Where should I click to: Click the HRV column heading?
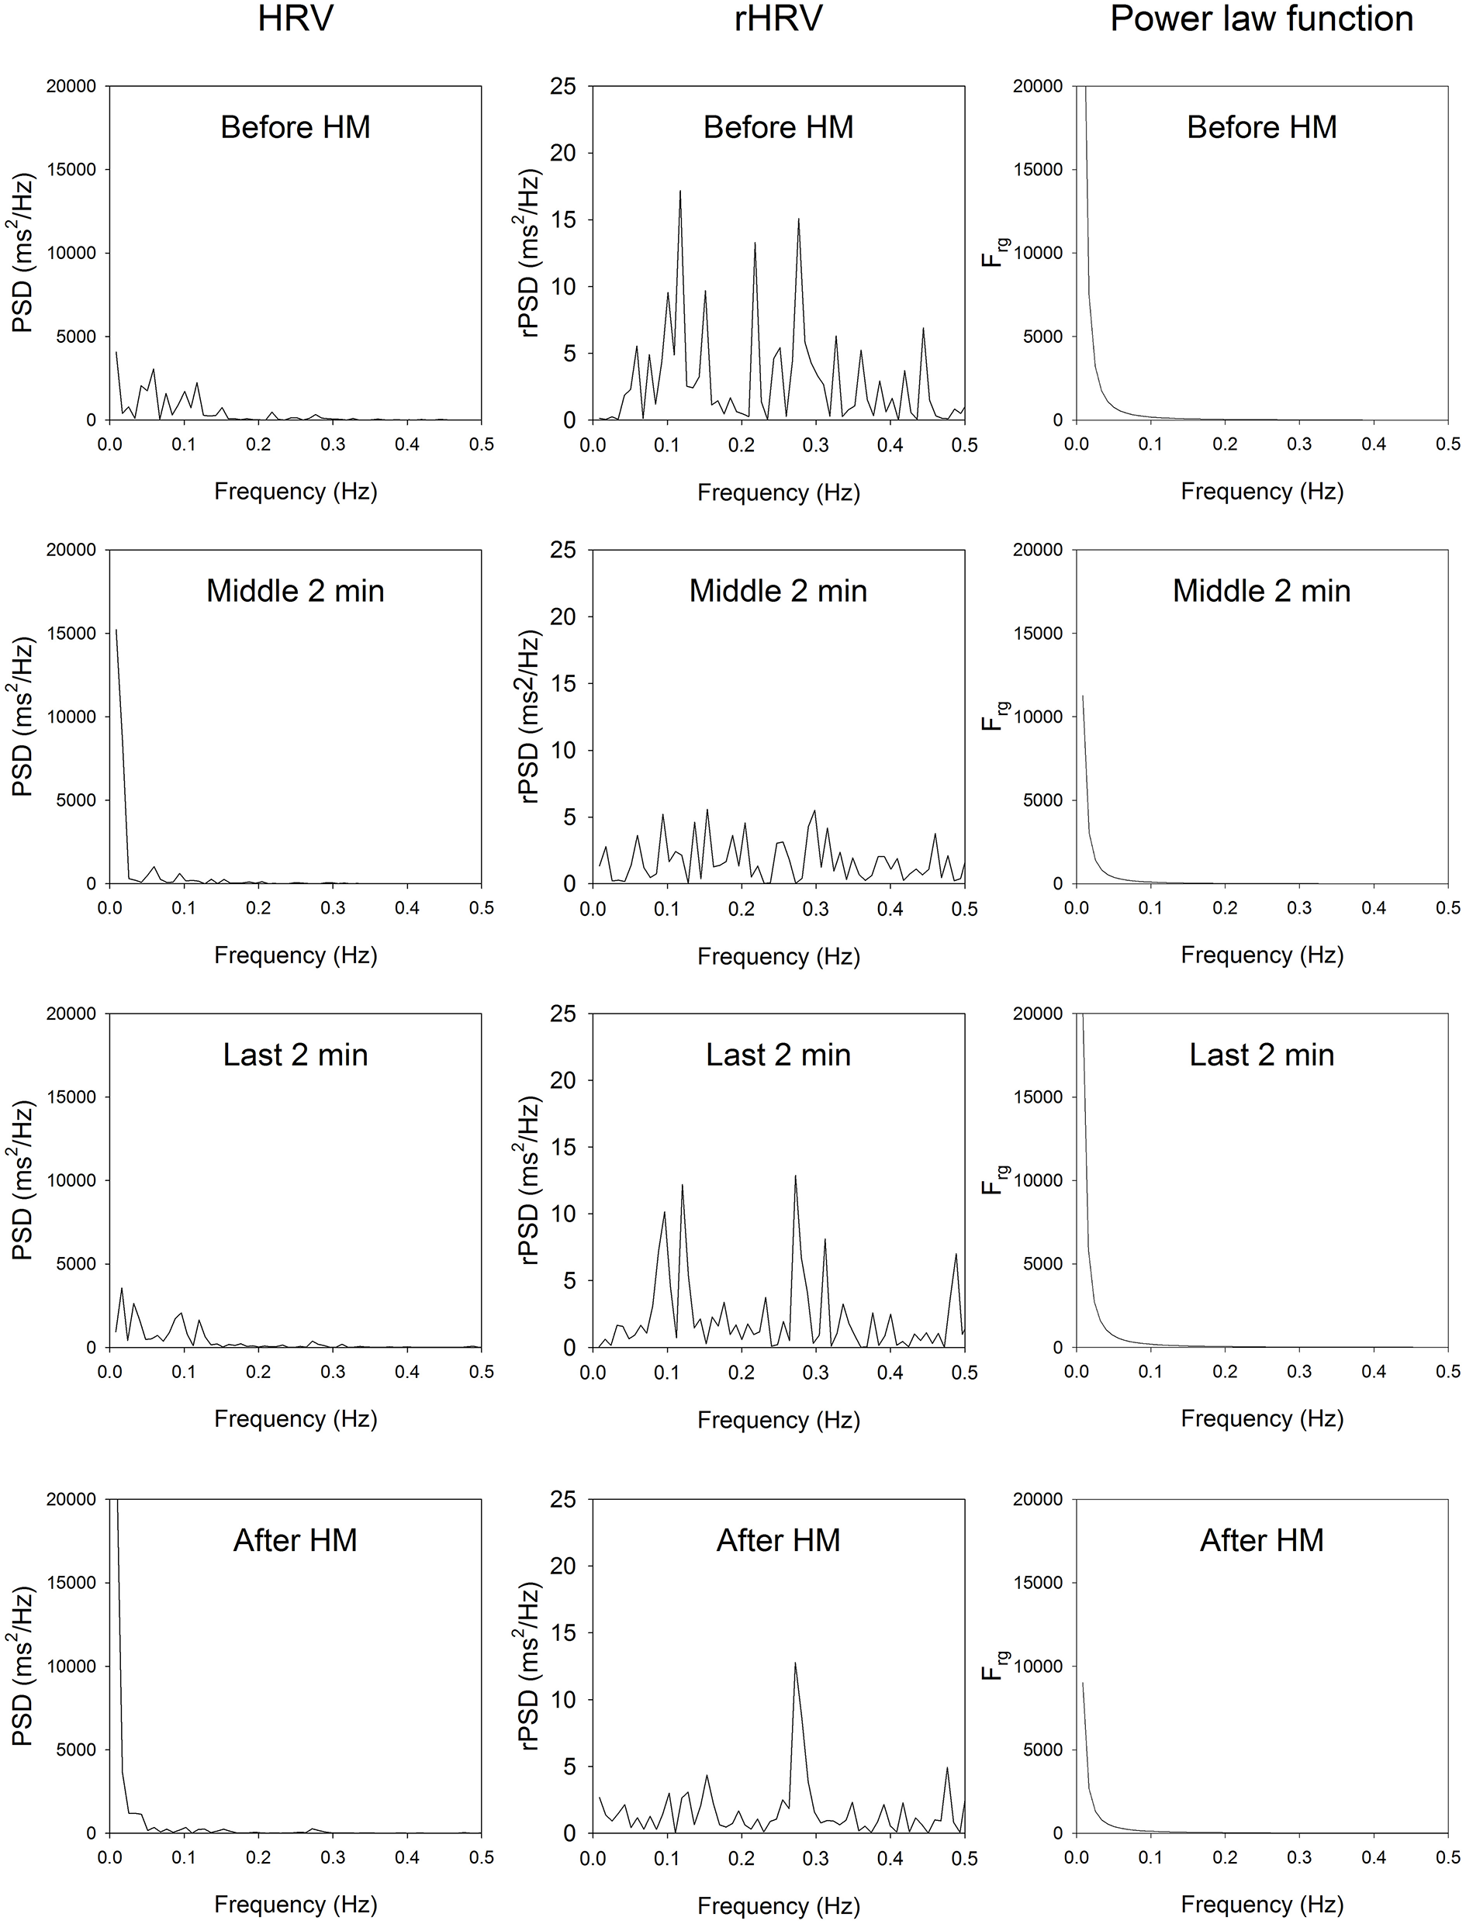(x=295, y=19)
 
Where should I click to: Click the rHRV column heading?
(x=777, y=19)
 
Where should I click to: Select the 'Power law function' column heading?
(x=1261, y=19)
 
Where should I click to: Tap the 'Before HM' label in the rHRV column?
(x=777, y=127)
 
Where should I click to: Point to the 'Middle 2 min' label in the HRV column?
(x=295, y=592)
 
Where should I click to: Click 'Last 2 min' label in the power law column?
(x=1261, y=1055)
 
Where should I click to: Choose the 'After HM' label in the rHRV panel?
(x=777, y=1540)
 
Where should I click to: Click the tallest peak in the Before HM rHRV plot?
(x=679, y=191)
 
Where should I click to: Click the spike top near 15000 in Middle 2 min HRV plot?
(x=116, y=630)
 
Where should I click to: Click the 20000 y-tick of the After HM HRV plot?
(x=78, y=1499)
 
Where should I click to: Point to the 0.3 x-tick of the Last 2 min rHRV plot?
(x=815, y=1373)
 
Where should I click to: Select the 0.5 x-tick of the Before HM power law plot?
(x=1447, y=444)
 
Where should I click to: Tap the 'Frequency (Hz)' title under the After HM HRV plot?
(x=295, y=1904)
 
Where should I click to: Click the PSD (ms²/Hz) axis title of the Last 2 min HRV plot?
(x=23, y=1180)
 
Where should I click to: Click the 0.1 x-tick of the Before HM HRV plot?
(x=183, y=444)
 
